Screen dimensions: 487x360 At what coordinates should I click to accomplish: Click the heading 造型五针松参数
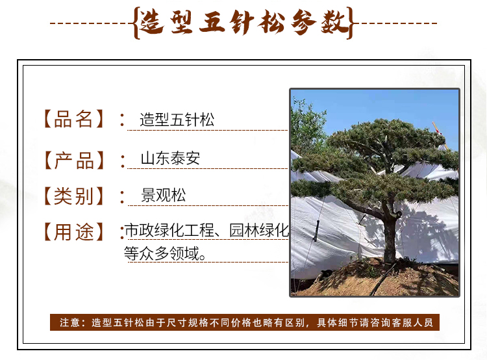pos(243,22)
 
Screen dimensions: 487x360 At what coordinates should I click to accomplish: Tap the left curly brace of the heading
pos(136,23)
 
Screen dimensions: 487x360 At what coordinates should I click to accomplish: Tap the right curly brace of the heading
pos(351,23)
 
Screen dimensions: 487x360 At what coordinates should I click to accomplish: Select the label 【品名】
pos(73,119)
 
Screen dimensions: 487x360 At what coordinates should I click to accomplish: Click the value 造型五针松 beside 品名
pos(177,120)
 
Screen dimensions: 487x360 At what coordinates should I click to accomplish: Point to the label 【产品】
pos(74,161)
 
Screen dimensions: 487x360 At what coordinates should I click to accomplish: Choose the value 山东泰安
pos(170,159)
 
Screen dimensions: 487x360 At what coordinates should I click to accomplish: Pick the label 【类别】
pos(73,196)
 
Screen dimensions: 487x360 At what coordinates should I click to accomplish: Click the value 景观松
pos(164,195)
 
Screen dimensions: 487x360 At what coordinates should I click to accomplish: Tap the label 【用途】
pos(73,232)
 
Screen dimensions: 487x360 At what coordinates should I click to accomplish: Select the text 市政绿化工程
pos(169,231)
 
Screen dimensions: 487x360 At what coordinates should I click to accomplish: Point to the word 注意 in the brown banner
pos(70,322)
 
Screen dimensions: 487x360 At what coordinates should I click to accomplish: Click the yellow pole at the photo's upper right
pos(440,135)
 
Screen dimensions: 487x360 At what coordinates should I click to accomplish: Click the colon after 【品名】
pos(122,120)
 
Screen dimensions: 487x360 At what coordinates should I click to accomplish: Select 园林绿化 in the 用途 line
pos(259,231)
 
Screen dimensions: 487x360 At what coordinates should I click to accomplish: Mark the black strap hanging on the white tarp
pos(317,231)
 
